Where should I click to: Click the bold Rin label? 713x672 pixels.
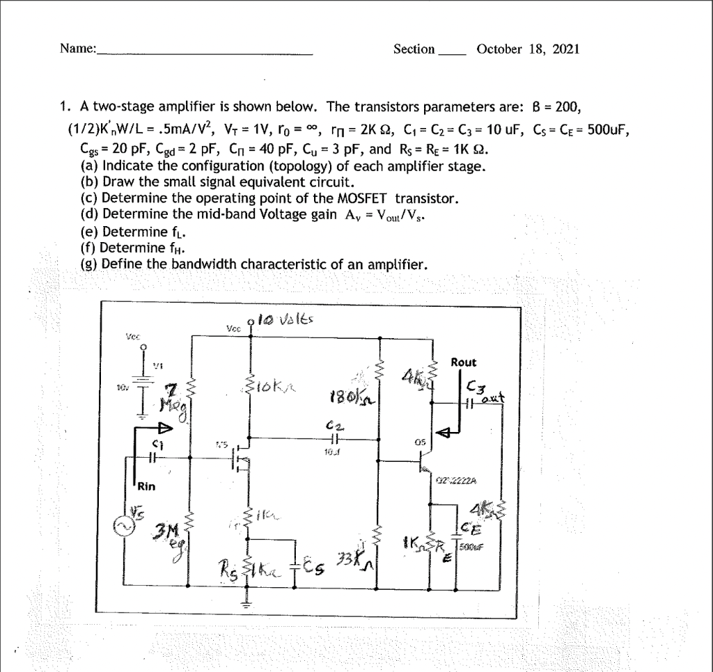pyautogui.click(x=146, y=486)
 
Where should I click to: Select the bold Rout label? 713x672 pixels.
pyautogui.click(x=464, y=362)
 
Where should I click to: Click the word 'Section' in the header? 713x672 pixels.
pyautogui.click(x=414, y=49)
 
